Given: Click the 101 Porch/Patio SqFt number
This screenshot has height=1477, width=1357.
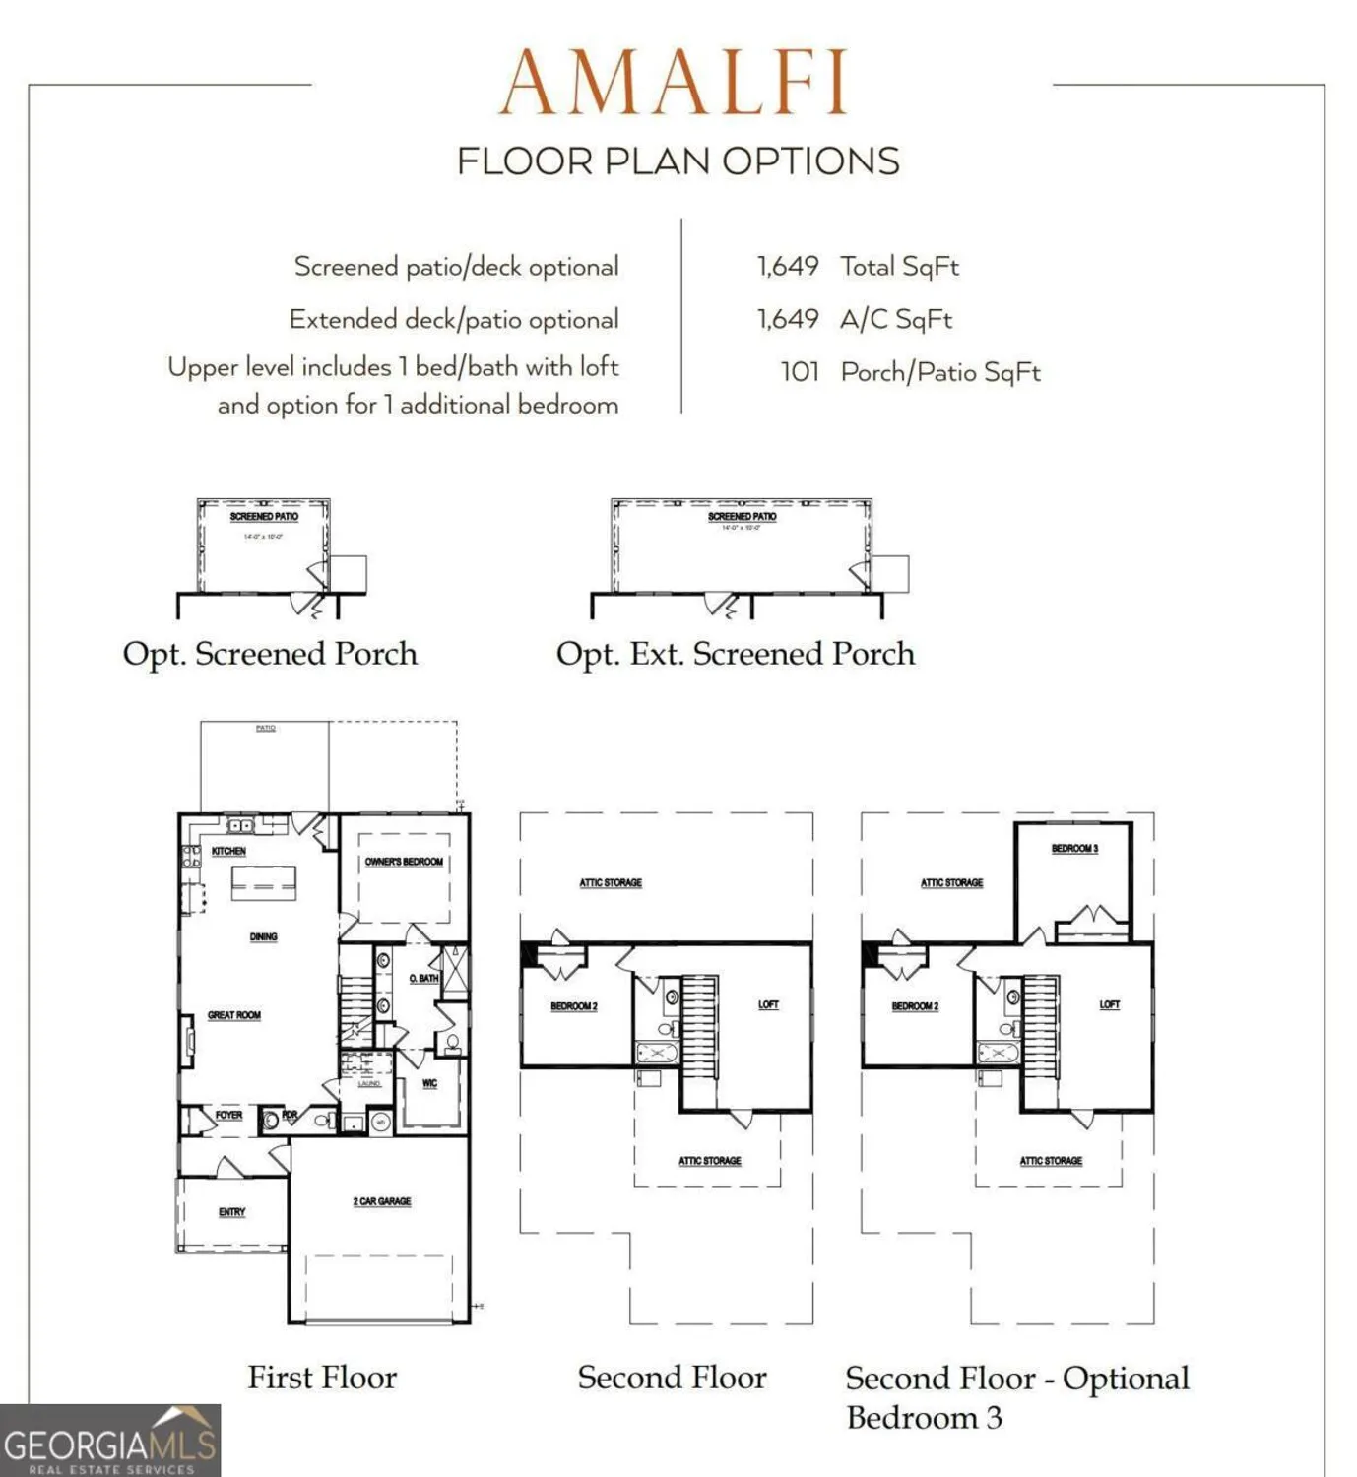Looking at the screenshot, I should pyautogui.click(x=800, y=372).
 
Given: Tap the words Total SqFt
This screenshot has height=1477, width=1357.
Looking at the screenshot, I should pyautogui.click(x=899, y=266).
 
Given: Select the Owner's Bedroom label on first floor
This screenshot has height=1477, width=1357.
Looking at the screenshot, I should pyautogui.click(x=404, y=862).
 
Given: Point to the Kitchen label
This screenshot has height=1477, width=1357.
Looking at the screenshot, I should pyautogui.click(x=228, y=851).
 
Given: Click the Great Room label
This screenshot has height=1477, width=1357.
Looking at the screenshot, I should pyautogui.click(x=234, y=1015).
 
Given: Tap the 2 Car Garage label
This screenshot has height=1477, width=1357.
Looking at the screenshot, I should pyautogui.click(x=382, y=1201).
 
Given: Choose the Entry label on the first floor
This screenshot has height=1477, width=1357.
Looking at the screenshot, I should pyautogui.click(x=232, y=1212).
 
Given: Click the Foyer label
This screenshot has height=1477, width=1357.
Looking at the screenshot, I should pyautogui.click(x=228, y=1116).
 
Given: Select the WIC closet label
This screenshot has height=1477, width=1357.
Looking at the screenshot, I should pyautogui.click(x=429, y=1083).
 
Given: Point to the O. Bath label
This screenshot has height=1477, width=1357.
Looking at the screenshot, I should pyautogui.click(x=423, y=978).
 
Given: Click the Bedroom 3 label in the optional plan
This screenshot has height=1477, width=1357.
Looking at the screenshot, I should pyautogui.click(x=1074, y=848).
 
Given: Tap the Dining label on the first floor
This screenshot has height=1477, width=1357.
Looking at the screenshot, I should pyautogui.click(x=263, y=936).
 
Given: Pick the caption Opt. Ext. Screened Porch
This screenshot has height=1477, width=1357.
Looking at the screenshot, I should pyautogui.click(x=735, y=654).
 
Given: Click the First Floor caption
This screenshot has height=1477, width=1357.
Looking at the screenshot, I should pyautogui.click(x=322, y=1377).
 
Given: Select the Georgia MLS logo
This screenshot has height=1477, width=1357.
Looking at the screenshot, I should pyautogui.click(x=110, y=1442).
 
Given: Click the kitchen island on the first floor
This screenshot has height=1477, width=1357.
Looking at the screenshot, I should pyautogui.click(x=264, y=882).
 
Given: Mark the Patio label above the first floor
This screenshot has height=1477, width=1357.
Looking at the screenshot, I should pyautogui.click(x=266, y=728).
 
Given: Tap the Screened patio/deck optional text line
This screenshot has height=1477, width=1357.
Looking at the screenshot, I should pyautogui.click(x=456, y=267).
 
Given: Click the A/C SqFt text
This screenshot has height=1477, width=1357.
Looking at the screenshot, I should pyautogui.click(x=896, y=319).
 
